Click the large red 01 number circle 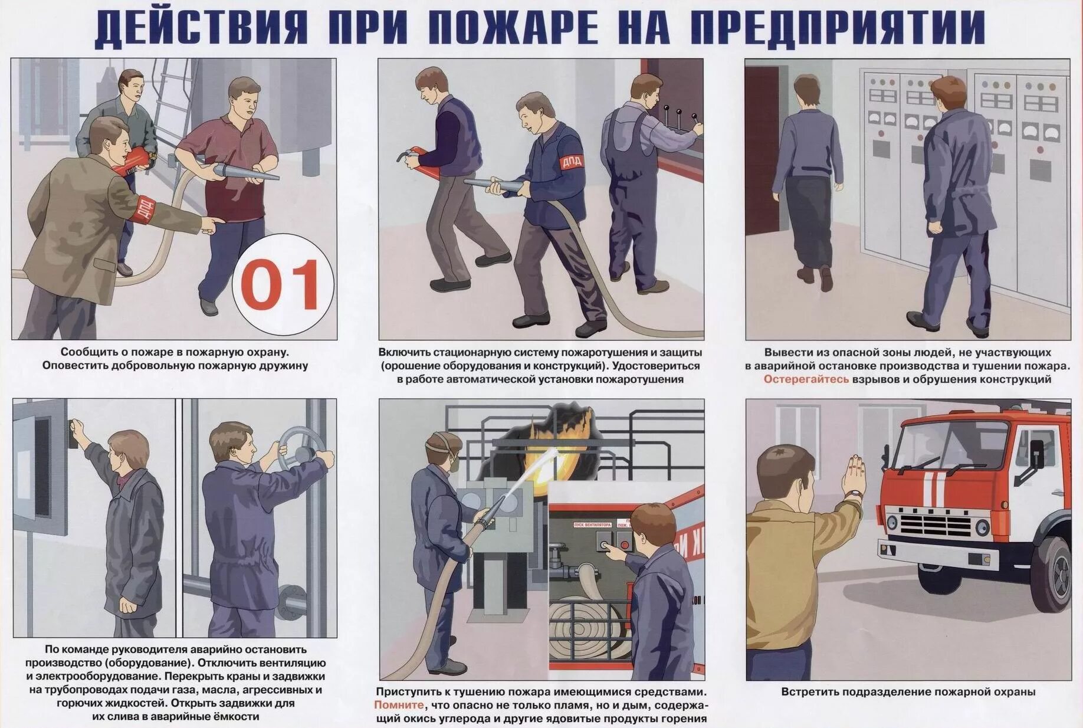tap(283, 285)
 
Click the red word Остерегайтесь tap(806, 379)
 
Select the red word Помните tap(399, 705)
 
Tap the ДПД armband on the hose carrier tap(570, 161)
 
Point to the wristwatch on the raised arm tap(853, 494)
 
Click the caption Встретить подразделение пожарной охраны tap(908, 692)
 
